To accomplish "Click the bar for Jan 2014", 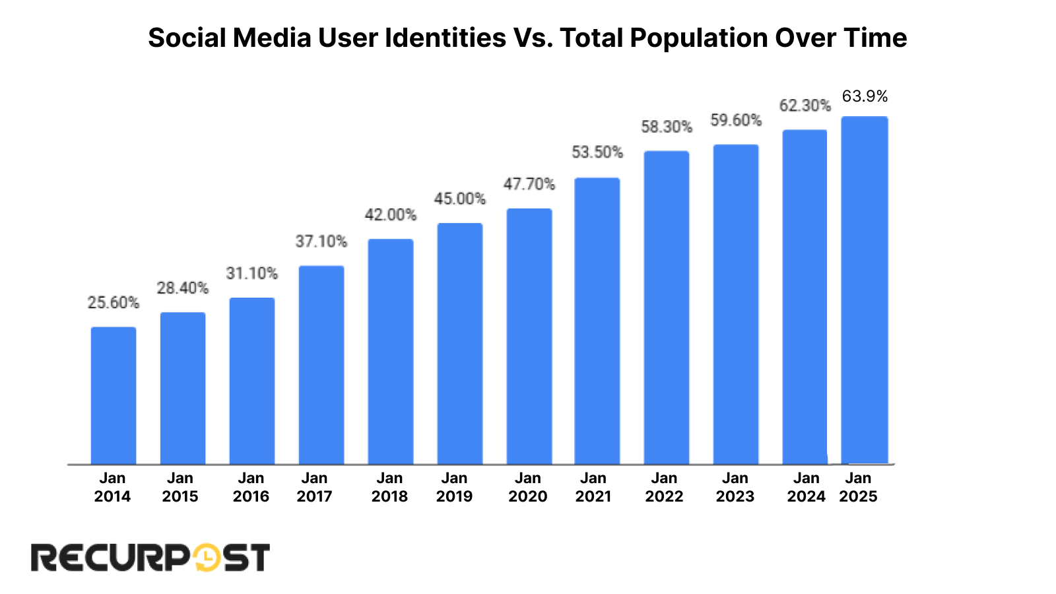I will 114,396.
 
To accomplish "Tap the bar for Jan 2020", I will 529,337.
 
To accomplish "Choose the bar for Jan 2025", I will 865,290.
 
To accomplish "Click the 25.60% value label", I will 114,303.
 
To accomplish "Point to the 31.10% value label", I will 252,273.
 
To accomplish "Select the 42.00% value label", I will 391,214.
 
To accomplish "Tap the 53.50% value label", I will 597,152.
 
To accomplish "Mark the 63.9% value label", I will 865,96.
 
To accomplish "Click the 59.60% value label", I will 736,120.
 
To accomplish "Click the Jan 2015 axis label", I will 180,487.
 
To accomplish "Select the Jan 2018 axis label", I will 389,487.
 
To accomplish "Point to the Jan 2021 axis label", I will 593,487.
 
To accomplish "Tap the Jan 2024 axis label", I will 806,487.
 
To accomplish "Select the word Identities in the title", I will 445,38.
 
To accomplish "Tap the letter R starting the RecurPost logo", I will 44,558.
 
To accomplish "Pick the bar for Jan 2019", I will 460,344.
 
